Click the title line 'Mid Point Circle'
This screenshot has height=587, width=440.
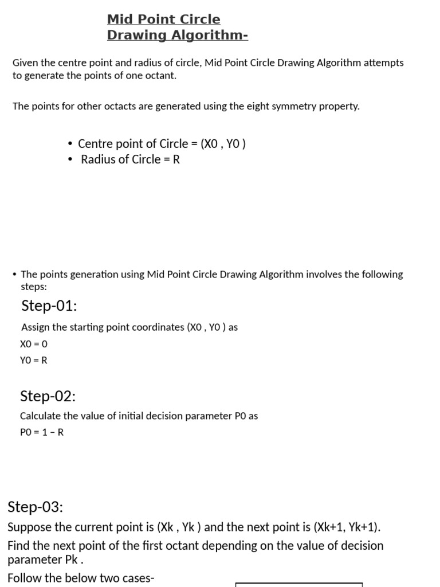click(x=163, y=19)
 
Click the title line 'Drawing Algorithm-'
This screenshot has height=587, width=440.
click(x=177, y=35)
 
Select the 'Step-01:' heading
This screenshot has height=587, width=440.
click(x=49, y=306)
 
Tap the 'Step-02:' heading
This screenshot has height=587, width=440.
click(x=48, y=396)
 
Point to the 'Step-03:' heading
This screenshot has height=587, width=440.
click(x=35, y=507)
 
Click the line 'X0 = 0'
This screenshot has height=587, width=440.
click(x=34, y=344)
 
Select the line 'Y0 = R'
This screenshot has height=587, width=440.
click(x=34, y=360)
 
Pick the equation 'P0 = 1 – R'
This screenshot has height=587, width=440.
click(x=42, y=432)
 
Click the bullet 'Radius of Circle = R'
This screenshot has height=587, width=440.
click(x=130, y=159)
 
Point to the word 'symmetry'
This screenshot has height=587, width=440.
click(x=287, y=106)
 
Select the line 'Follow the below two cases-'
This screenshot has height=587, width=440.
click(x=81, y=578)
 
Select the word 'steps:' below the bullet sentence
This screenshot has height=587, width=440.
click(x=34, y=285)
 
